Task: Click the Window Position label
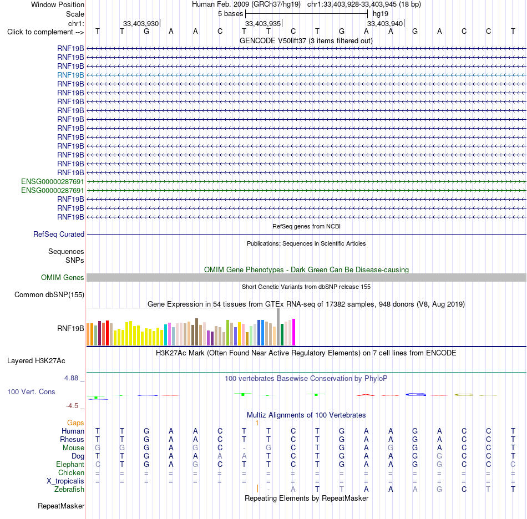point(58,4)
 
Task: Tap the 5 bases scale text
point(230,14)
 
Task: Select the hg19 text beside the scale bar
point(381,14)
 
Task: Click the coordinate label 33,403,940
point(385,23)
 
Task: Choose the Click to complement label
point(45,32)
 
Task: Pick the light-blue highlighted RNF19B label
point(70,75)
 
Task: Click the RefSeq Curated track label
point(59,234)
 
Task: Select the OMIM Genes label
point(63,277)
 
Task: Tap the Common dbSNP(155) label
point(49,294)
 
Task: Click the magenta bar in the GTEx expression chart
point(294,332)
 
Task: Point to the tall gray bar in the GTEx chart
point(278,327)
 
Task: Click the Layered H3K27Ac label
point(36,361)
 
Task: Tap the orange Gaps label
point(75,423)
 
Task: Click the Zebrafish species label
point(69,490)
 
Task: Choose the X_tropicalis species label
point(65,481)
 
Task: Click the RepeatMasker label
point(61,506)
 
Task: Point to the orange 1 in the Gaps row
point(257,423)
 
